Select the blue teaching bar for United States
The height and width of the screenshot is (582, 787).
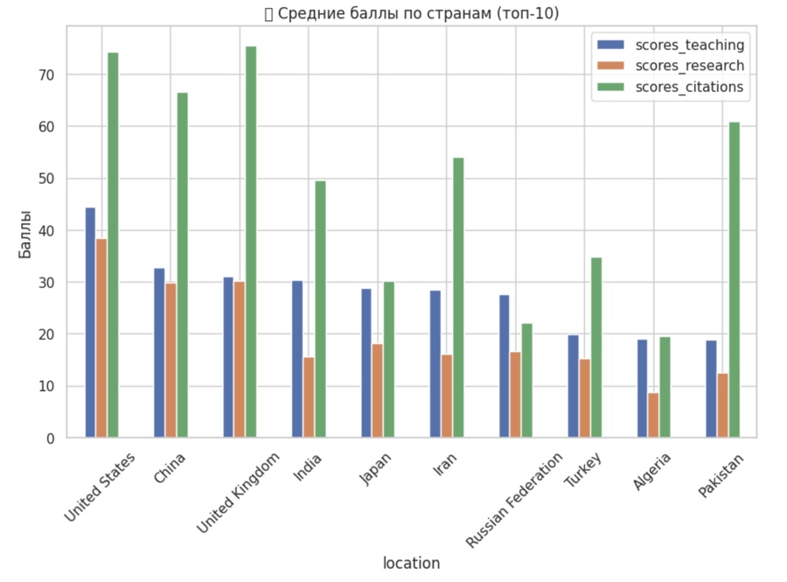coord(90,323)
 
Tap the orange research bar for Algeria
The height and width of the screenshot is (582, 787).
coord(654,415)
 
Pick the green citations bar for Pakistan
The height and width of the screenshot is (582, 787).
coord(735,280)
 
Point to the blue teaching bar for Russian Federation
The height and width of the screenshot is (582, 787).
coord(505,367)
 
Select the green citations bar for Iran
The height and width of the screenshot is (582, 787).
coord(458,298)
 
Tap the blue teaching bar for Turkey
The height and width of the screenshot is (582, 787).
coord(574,386)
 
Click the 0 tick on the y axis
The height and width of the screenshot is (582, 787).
coord(50,438)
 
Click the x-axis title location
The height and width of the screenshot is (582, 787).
coord(411,563)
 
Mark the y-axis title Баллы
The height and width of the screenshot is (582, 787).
coord(25,234)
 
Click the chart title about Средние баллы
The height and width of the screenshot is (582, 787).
coord(411,14)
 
